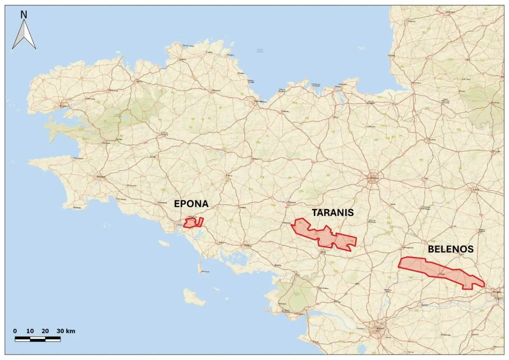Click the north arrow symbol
point(24,36)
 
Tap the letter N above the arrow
point(24,14)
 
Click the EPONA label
point(191,204)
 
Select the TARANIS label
point(333,213)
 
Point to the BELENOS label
point(450,249)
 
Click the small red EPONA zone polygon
point(192,222)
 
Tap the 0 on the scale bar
point(15,331)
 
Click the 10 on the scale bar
point(30,331)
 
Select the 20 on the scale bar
point(45,331)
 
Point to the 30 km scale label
point(65,331)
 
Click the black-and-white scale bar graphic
point(38,339)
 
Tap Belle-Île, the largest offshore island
point(194,297)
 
